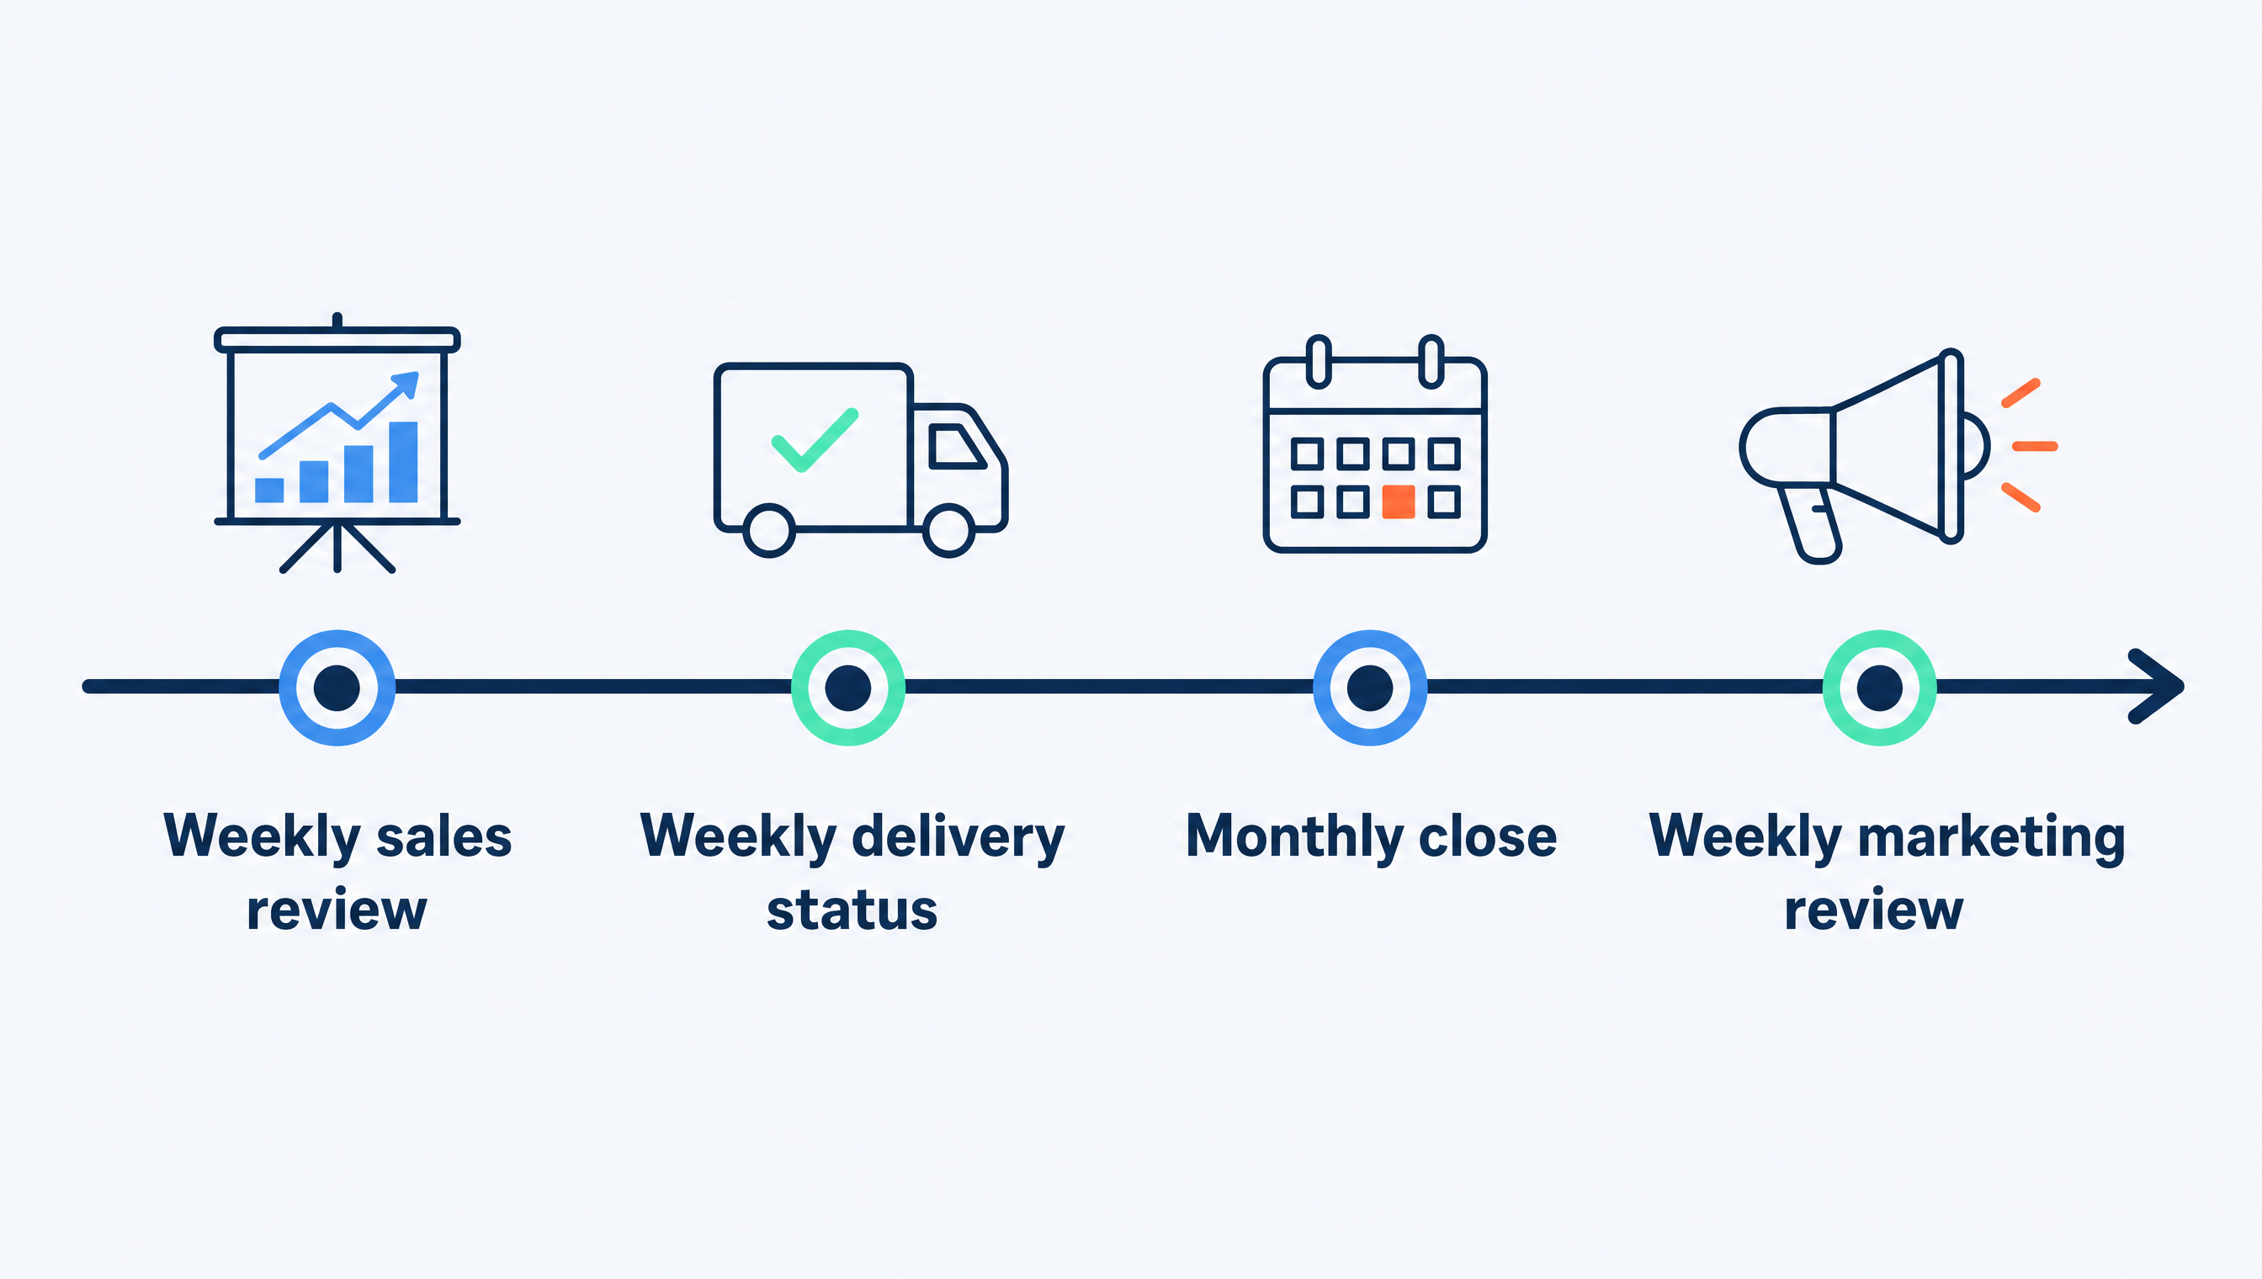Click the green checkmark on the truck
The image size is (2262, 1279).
[815, 440]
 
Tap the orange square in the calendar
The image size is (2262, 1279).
[1399, 502]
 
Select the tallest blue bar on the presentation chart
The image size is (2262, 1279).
[403, 462]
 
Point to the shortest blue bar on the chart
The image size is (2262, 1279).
[268, 491]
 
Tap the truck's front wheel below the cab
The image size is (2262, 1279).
[948, 531]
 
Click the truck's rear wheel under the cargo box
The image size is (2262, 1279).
[769, 531]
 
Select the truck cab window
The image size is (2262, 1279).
[956, 445]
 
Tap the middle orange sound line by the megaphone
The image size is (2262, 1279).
[2035, 446]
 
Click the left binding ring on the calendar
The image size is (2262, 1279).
[1319, 361]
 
